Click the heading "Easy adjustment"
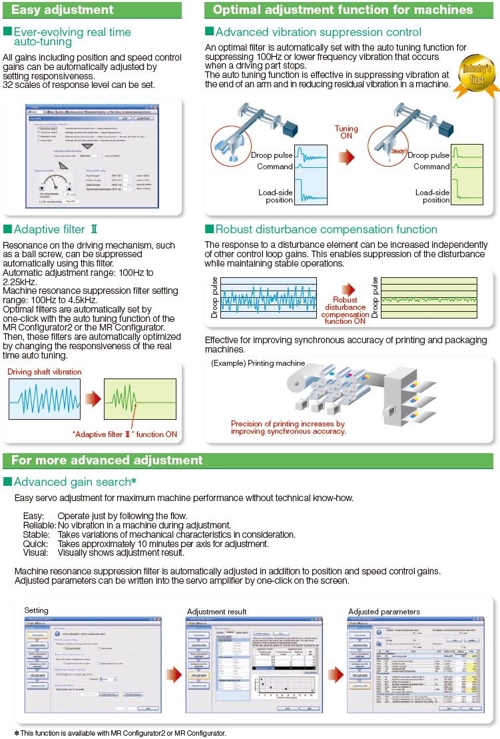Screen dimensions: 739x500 pos(63,10)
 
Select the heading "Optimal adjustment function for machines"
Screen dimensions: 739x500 pos(343,10)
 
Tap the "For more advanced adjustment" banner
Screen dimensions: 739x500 pos(107,460)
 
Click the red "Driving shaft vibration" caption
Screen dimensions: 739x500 pos(46,372)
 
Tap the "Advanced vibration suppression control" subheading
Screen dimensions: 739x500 pos(318,32)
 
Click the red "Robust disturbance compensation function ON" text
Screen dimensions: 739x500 pos(345,311)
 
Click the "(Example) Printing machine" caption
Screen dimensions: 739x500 pos(258,363)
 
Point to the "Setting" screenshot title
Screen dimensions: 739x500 pos(36,610)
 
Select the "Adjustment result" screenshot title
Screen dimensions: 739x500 pos(216,611)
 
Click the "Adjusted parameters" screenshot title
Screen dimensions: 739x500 pos(384,611)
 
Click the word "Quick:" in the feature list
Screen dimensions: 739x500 pos(34,544)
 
